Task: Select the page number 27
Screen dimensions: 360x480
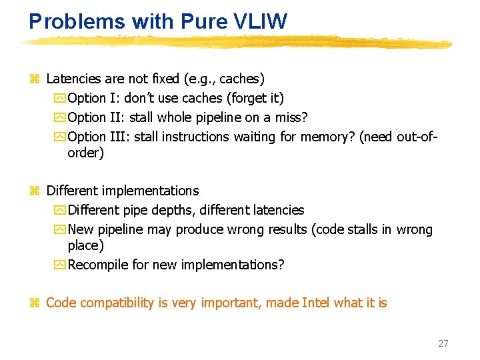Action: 443,343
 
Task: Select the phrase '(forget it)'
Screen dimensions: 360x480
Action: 255,99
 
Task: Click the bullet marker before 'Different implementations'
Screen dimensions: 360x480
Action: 35,191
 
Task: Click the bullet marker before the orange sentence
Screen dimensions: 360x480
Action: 35,303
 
